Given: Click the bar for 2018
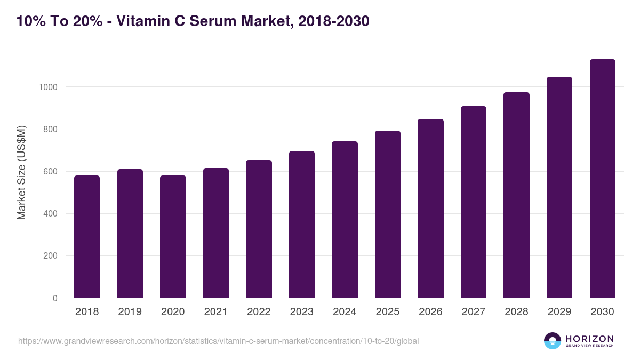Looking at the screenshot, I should pos(87,237).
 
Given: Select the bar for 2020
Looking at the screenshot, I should pos(173,237).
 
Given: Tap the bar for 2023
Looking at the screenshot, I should pos(302,225).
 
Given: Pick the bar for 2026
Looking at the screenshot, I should pos(430,209).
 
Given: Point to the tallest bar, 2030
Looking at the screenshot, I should pos(602,179).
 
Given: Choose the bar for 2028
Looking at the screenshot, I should pos(516,195).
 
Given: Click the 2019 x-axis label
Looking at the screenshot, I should pos(130,312).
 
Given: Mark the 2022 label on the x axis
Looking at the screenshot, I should pos(259,312).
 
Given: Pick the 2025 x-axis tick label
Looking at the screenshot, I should pos(387,312).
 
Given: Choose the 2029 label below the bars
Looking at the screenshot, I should pos(559,312).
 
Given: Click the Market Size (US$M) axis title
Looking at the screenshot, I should pos(21,172).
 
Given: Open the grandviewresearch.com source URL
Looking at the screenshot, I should pos(219,341).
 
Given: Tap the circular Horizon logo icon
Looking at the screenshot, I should pos(553,341).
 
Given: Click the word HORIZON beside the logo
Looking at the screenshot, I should pos(589,339).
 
